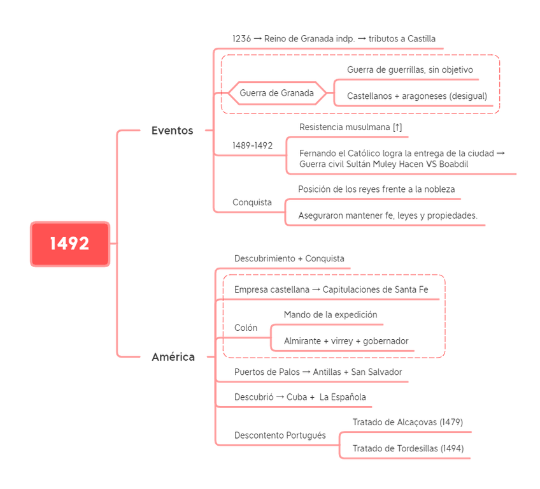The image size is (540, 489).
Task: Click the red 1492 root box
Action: [x=70, y=244]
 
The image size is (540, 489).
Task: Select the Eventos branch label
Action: [x=173, y=131]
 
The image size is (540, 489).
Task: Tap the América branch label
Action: [x=173, y=357]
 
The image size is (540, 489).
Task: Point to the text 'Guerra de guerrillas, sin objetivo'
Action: [x=409, y=69]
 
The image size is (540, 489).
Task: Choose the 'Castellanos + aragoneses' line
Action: [x=417, y=96]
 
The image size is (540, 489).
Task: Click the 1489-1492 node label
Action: [x=252, y=145]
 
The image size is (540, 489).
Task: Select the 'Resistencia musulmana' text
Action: [x=350, y=127]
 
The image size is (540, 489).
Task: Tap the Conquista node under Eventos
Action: [x=252, y=202]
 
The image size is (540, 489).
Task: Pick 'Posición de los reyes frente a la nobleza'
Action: [x=376, y=189]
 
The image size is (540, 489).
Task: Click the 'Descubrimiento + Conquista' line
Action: [x=289, y=259]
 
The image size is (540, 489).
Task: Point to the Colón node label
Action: [x=246, y=327]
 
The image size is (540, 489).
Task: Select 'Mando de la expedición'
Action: [x=330, y=314]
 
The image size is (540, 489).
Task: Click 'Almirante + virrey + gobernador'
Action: [x=346, y=341]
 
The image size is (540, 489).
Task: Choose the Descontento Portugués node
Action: [x=280, y=435]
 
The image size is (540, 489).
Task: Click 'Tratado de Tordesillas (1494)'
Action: [x=408, y=448]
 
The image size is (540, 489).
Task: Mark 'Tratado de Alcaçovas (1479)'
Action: [x=408, y=422]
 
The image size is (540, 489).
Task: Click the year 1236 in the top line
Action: [x=241, y=38]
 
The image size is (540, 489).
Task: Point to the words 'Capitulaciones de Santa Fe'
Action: [x=376, y=289]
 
